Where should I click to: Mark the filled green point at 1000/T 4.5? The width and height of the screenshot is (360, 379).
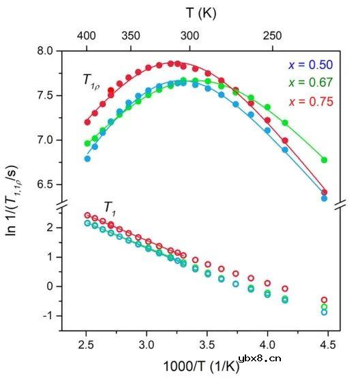tap(324, 160)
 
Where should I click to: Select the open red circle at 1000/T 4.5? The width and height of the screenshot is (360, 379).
tap(324, 300)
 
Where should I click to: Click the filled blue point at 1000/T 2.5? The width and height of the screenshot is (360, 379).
tap(87, 158)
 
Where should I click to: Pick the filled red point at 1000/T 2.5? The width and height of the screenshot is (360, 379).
tap(87, 123)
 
